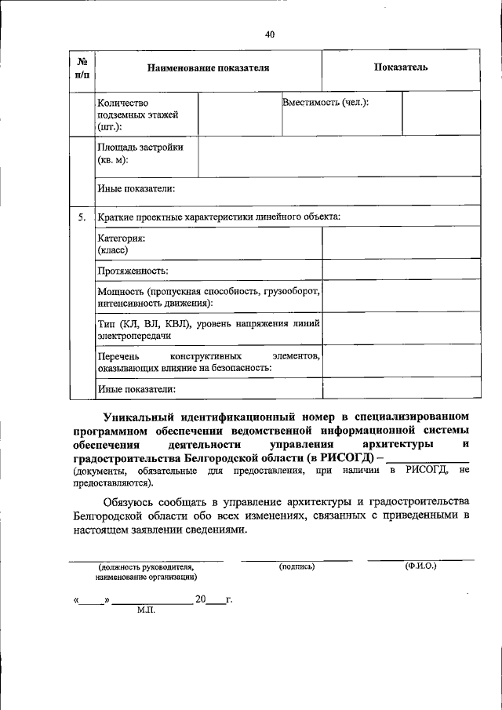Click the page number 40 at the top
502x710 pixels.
point(270,35)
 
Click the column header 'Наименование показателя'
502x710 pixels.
point(208,68)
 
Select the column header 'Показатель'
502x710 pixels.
point(400,67)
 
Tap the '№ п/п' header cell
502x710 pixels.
point(82,68)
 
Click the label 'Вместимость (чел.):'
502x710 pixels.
point(326,103)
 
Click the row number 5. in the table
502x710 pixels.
point(82,217)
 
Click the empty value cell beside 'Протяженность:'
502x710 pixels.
point(400,270)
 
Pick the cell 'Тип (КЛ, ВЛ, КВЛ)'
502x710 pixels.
point(208,329)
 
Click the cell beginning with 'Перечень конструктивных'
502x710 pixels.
point(208,361)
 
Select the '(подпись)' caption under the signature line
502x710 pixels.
point(296,566)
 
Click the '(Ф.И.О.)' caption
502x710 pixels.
point(420,566)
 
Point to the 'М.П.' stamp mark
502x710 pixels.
point(145,610)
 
